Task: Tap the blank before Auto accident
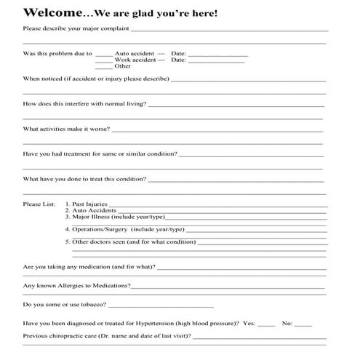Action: coord(104,55)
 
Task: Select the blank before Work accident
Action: coord(104,61)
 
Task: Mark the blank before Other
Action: coord(104,67)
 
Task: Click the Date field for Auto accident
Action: coord(217,55)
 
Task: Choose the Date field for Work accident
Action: coord(217,61)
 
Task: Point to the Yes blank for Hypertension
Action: coord(266,324)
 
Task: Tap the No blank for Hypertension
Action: coord(303,324)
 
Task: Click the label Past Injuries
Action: coord(89,205)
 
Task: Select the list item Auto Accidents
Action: coord(94,211)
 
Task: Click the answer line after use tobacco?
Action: coord(160,306)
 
